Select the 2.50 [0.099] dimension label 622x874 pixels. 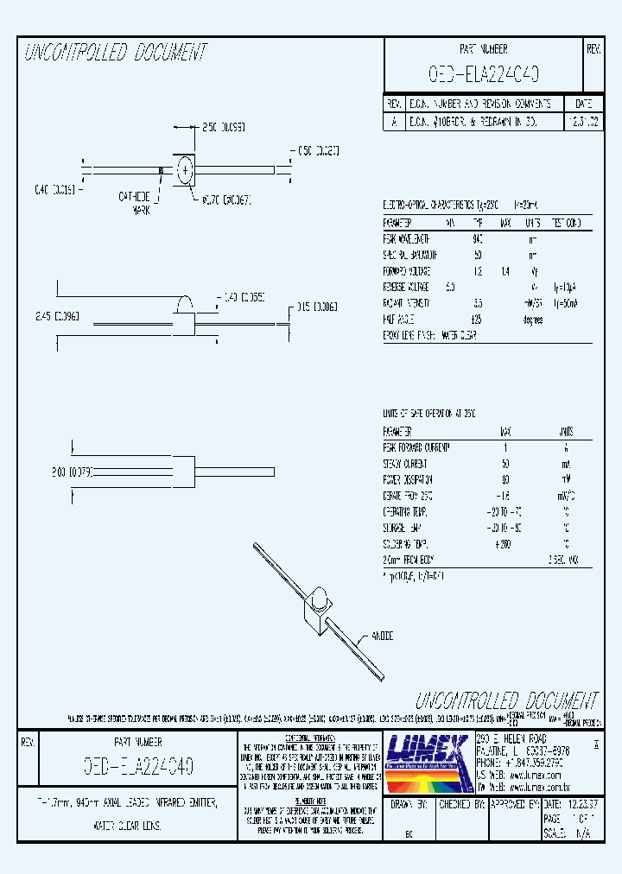pyautogui.click(x=223, y=126)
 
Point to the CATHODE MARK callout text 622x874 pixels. pyautogui.click(x=136, y=202)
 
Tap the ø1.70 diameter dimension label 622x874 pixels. pyautogui.click(x=225, y=199)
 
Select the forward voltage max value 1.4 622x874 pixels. pyautogui.click(x=505, y=270)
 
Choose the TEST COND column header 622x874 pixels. pyautogui.click(x=566, y=222)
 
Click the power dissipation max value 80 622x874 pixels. pyautogui.click(x=504, y=479)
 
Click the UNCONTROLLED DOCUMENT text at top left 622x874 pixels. pyautogui.click(x=116, y=54)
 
